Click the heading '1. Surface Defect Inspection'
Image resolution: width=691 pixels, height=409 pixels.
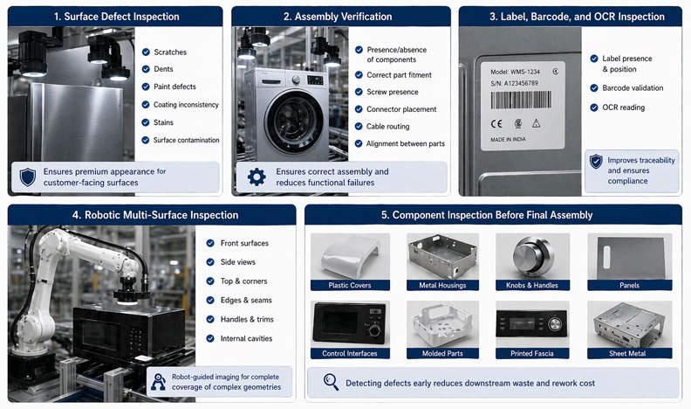115,17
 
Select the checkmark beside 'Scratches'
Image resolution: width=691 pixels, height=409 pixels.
146,52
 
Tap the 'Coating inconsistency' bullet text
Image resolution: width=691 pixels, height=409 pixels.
186,105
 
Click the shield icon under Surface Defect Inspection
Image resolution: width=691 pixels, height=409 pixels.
28,176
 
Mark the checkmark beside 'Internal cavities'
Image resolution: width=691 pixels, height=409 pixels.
210,338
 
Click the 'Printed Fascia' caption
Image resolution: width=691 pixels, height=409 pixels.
532,353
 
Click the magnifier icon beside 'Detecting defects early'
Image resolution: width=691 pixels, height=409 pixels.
330,382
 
